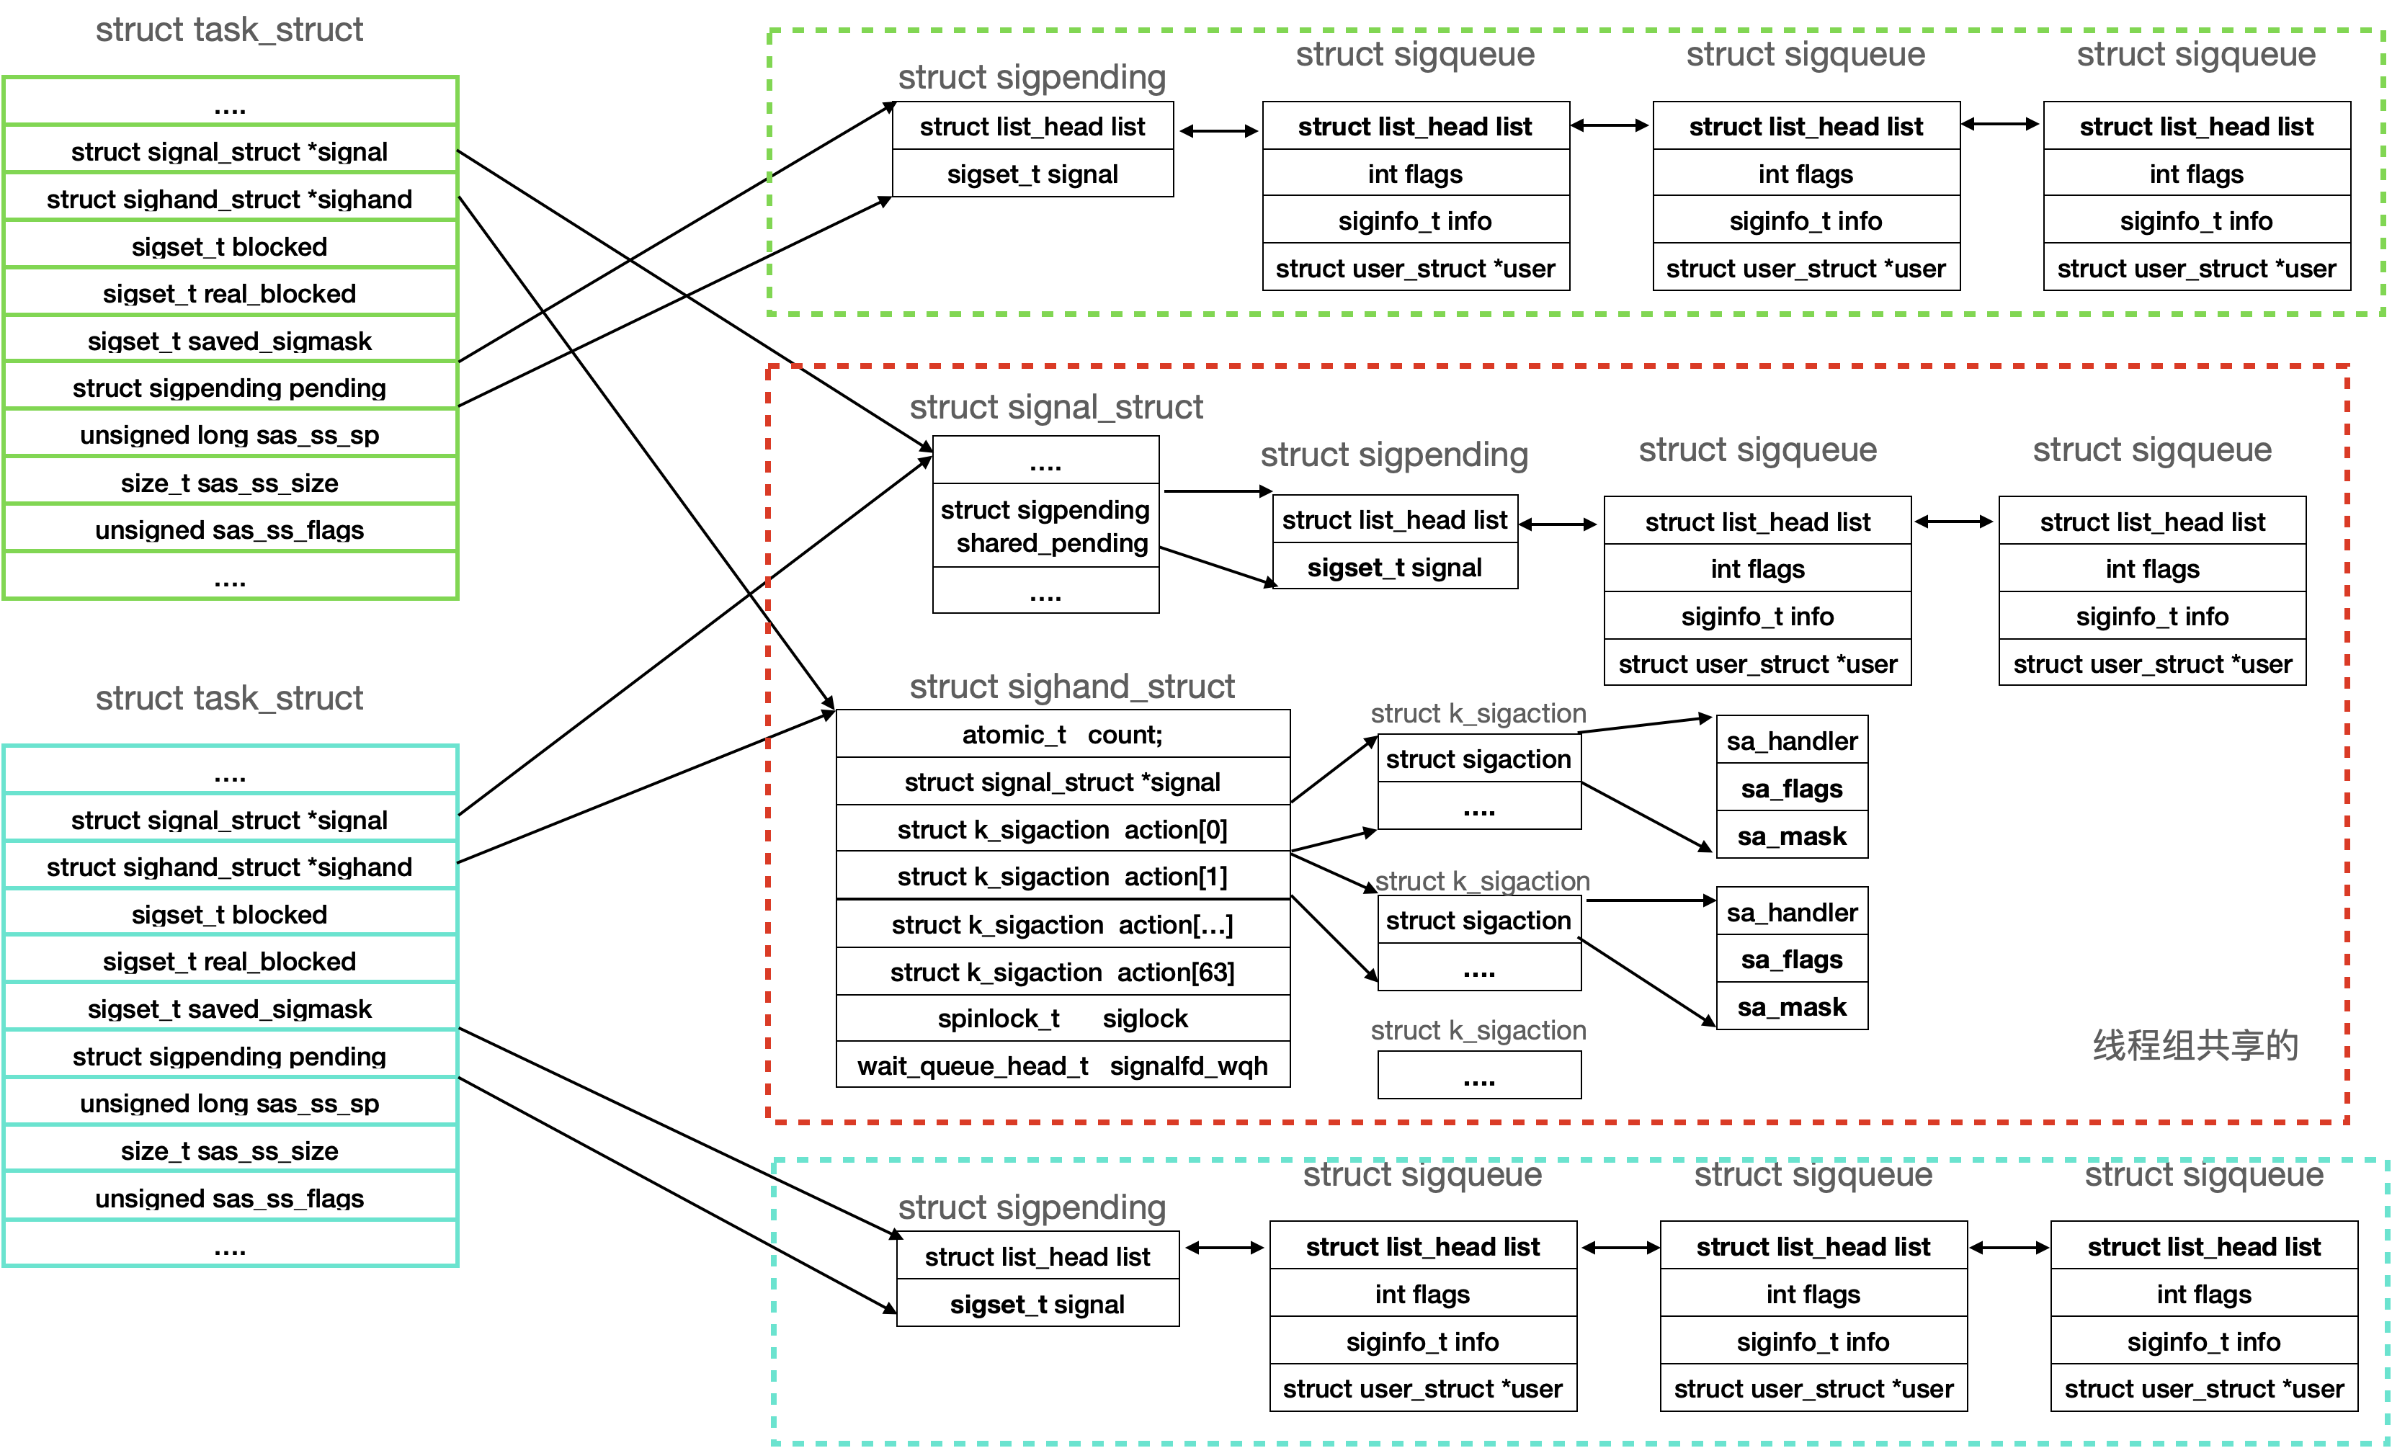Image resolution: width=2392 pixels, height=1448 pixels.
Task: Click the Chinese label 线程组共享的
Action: tap(2195, 1045)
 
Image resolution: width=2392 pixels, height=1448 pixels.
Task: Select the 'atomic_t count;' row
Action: tap(1062, 735)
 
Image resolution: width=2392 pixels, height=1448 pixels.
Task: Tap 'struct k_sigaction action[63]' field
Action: tap(1062, 972)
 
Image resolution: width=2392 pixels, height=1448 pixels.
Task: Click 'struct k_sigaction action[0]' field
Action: tap(1062, 830)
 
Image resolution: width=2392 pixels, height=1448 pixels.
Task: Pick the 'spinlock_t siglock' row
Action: tap(1062, 1018)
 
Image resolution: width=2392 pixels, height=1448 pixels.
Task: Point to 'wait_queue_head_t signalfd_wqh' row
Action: tap(1062, 1065)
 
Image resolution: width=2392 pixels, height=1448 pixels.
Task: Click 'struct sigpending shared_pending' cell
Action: tap(1045, 526)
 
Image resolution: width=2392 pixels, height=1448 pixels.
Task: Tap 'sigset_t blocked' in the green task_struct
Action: tap(229, 246)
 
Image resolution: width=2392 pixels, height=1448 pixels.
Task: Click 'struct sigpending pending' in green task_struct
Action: tap(229, 388)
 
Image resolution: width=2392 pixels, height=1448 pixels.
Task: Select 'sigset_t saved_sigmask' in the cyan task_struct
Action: tap(229, 1009)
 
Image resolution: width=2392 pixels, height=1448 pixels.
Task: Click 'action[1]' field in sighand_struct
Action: tap(1062, 877)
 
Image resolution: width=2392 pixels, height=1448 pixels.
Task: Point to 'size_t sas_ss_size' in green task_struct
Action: tap(229, 483)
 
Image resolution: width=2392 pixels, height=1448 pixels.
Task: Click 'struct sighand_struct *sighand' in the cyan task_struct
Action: tap(229, 867)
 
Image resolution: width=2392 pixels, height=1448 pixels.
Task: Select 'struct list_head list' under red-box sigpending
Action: tap(1394, 520)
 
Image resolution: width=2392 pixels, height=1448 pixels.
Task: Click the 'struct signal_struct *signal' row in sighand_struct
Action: tap(1062, 782)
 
